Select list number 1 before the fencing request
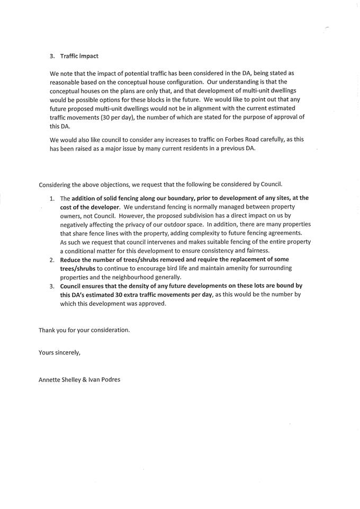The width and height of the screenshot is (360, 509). coord(52,198)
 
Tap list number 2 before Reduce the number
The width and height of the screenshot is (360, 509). coord(52,260)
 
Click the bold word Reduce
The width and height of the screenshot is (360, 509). coord(71,260)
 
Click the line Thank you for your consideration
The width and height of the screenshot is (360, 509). coord(84,330)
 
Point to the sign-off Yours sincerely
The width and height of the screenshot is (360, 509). coord(59,352)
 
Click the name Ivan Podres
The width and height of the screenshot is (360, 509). coord(103,379)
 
